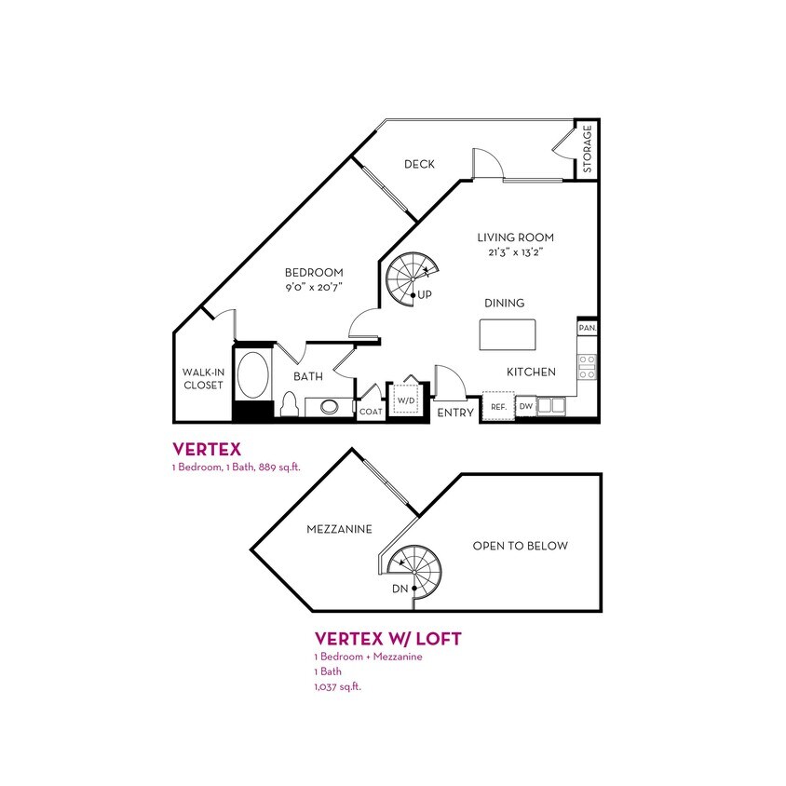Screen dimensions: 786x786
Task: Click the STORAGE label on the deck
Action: click(588, 150)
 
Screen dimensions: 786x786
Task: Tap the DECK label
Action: click(420, 165)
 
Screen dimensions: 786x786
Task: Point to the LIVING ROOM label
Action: click(516, 237)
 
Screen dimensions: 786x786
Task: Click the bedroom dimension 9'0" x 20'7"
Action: click(314, 288)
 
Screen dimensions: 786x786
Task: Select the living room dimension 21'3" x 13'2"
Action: click(516, 252)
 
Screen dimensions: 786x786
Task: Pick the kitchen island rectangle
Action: click(508, 333)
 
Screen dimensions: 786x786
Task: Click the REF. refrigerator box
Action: click(497, 406)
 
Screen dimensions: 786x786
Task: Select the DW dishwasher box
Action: click(525, 406)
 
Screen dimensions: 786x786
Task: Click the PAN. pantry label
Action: click(588, 328)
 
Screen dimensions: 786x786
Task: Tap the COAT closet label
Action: click(372, 411)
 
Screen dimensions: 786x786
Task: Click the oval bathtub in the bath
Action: click(252, 374)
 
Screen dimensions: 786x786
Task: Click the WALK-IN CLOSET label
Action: click(203, 379)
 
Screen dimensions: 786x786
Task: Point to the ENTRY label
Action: click(456, 413)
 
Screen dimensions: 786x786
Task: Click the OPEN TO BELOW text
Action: click(520, 546)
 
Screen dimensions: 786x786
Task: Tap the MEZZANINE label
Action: click(340, 529)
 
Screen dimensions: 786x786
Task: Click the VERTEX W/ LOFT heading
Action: click(388, 639)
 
